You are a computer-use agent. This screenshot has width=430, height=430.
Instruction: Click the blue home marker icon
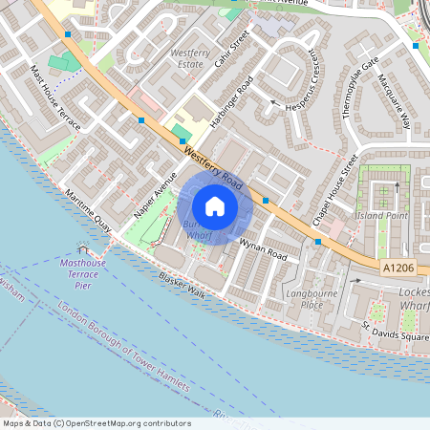point(215,206)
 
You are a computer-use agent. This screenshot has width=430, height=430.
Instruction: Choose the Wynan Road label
point(263,250)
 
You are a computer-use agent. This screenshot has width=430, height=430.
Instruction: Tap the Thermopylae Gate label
point(354,90)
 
